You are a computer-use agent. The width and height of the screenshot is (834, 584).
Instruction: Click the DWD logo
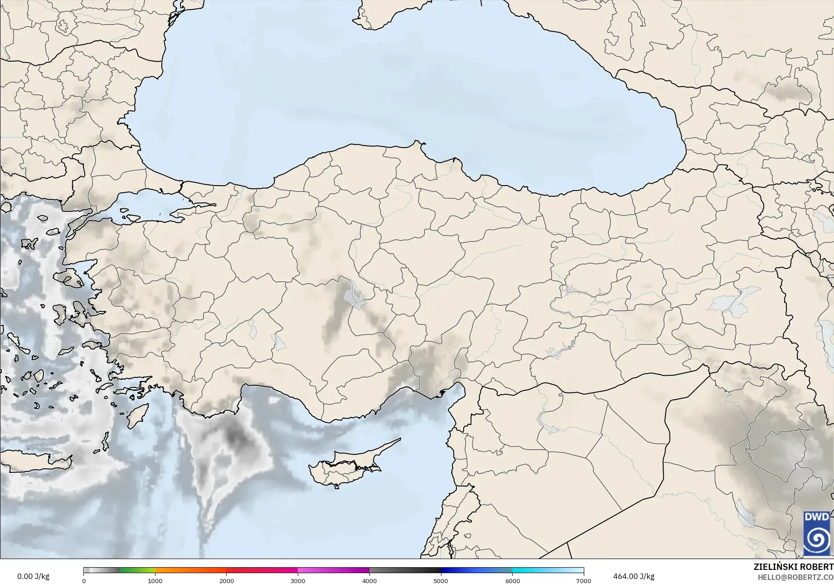click(x=817, y=533)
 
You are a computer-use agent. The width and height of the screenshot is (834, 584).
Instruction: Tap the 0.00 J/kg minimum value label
click(x=33, y=576)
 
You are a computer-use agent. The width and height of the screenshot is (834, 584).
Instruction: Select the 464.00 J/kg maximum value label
click(x=634, y=576)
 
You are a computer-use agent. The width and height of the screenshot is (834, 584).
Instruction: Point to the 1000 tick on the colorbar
click(x=155, y=580)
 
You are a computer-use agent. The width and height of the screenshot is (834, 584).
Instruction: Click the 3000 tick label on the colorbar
click(x=298, y=580)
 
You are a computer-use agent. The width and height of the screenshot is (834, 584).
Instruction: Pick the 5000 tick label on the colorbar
click(x=441, y=580)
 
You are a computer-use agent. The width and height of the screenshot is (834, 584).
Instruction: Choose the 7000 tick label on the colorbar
click(x=583, y=580)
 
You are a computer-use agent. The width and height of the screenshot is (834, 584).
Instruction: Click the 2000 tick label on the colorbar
click(x=227, y=580)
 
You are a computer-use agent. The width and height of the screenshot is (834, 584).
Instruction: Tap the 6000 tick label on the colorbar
click(x=512, y=580)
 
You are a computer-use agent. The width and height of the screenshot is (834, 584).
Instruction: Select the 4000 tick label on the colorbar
click(x=369, y=580)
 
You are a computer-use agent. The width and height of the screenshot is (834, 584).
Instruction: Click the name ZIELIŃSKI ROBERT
click(x=793, y=567)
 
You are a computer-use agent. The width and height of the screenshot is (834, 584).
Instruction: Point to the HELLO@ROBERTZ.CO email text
click(x=795, y=577)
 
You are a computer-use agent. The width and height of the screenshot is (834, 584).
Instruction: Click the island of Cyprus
click(x=344, y=467)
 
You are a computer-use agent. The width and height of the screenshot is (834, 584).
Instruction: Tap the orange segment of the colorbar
click(x=190, y=570)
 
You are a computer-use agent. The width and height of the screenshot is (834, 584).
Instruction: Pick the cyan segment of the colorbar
click(x=530, y=570)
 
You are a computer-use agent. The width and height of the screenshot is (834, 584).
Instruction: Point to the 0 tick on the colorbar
click(x=84, y=580)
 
